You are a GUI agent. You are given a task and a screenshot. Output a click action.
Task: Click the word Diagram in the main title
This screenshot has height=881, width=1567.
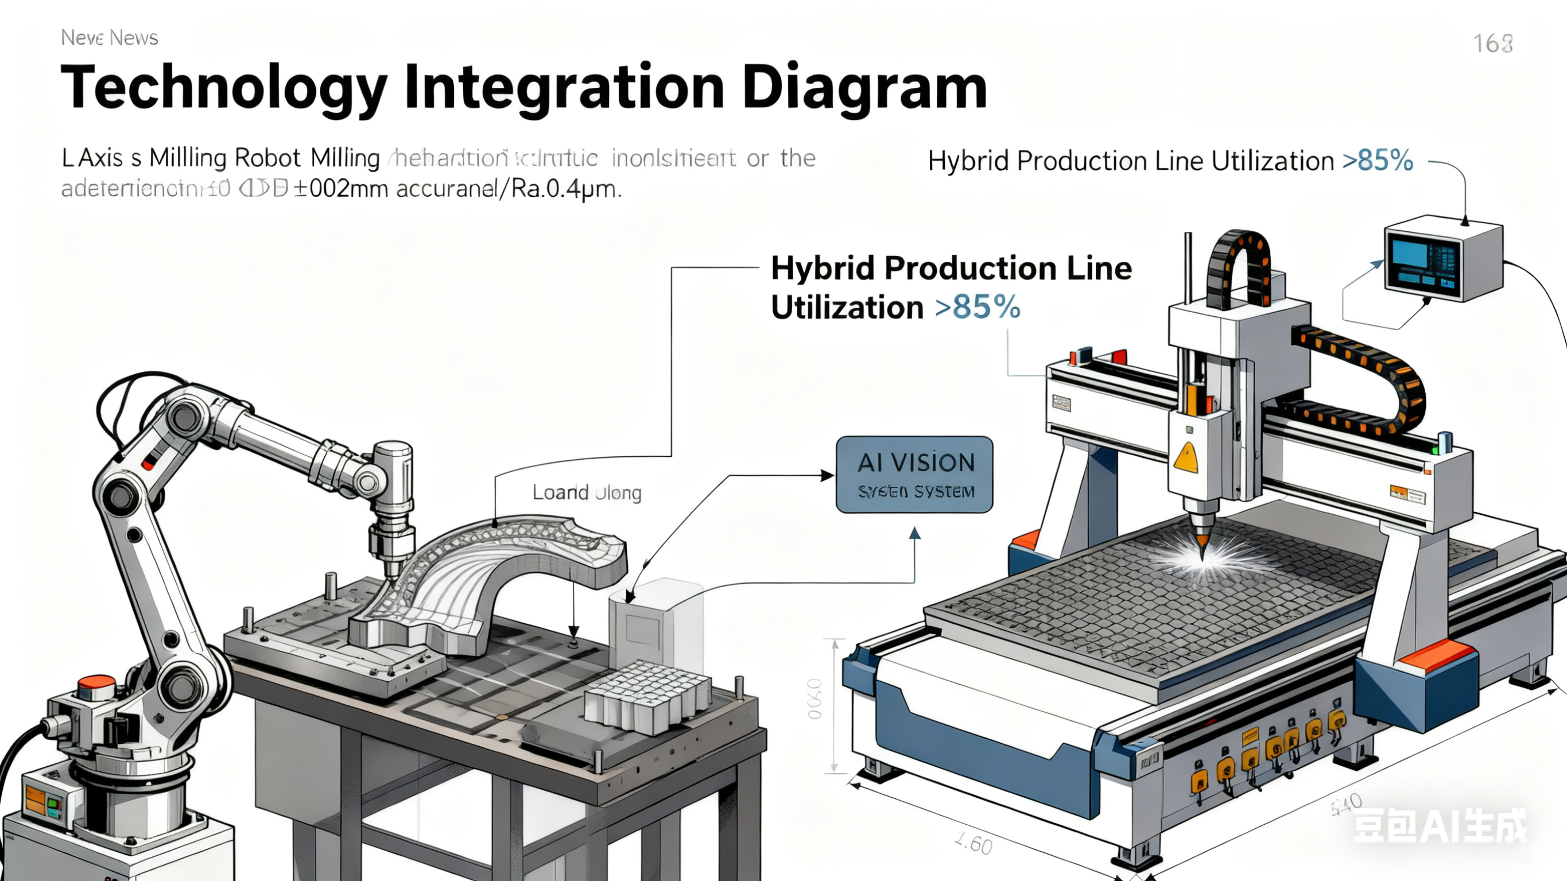tap(864, 88)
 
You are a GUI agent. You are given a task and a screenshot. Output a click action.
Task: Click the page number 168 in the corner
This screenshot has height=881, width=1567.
tap(1492, 43)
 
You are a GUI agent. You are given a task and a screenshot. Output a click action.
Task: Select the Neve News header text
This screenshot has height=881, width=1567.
tap(110, 38)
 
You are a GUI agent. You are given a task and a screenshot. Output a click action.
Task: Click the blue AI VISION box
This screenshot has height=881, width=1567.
tap(914, 475)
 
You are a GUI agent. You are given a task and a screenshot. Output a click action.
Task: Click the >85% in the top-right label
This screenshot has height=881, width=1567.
tap(1377, 161)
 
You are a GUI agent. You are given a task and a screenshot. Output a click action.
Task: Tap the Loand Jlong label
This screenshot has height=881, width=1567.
tap(587, 492)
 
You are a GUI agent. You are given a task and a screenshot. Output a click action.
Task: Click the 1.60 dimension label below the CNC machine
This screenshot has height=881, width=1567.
tap(973, 844)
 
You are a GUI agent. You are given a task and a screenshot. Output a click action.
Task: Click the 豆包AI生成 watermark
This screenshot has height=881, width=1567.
tap(1439, 826)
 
